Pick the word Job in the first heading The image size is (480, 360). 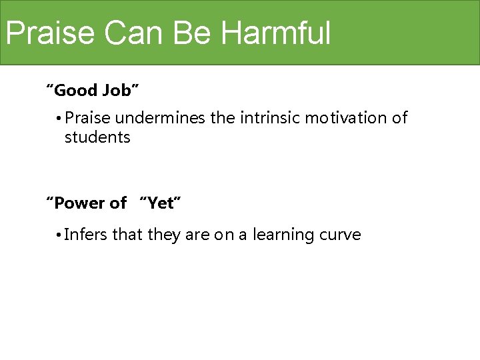(x=121, y=89)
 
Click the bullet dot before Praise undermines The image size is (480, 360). (x=59, y=119)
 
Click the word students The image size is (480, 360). (x=97, y=138)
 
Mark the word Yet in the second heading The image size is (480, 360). (x=160, y=203)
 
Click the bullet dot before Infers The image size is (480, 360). (x=59, y=236)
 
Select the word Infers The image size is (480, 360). (x=87, y=235)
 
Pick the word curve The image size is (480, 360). (x=341, y=235)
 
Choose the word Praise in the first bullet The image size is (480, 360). (x=89, y=119)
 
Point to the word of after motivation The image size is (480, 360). (x=399, y=119)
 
